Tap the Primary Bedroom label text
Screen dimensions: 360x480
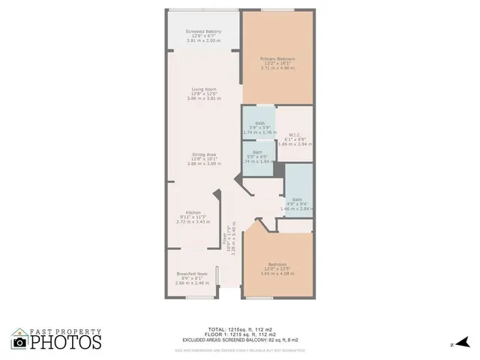tap(277, 59)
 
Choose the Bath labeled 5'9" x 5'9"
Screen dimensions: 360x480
tap(259, 124)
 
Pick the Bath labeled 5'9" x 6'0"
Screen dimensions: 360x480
tap(257, 152)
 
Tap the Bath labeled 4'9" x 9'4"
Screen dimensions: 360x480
tap(297, 199)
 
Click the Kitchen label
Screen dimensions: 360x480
tap(193, 213)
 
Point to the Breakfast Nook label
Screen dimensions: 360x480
tap(191, 274)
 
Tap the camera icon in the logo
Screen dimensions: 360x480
tap(20, 342)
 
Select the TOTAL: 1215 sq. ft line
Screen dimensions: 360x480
tap(239, 329)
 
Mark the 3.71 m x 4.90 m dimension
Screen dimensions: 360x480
tap(277, 68)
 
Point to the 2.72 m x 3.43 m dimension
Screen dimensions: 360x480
tap(193, 222)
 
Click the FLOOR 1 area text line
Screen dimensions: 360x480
tap(239, 334)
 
